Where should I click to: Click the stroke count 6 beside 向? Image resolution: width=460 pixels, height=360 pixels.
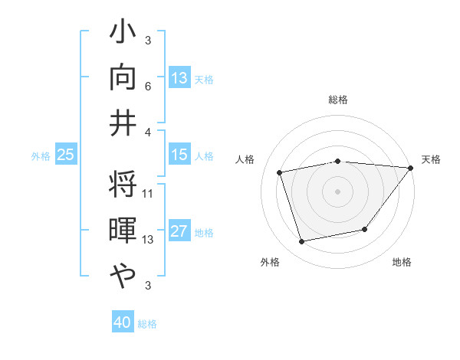148,87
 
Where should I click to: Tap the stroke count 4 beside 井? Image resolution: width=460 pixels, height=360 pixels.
148,131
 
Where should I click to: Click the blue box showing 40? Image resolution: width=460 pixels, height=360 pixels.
123,323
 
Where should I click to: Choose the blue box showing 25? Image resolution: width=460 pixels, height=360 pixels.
65,155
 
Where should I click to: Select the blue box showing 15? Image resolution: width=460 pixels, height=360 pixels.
179,155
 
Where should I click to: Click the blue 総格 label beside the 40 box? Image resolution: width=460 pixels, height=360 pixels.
147,324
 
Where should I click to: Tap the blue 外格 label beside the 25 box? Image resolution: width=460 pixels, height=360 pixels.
41,156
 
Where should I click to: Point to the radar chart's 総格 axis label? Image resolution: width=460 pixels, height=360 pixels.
337,100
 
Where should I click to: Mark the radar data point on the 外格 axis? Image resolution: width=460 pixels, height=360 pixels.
301,242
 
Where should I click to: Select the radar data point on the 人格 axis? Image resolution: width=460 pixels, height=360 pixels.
280,172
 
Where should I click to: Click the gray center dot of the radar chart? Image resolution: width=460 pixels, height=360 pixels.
337,191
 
